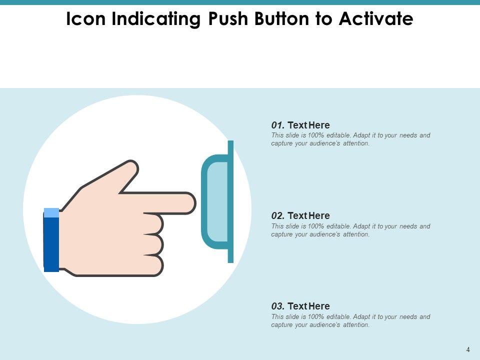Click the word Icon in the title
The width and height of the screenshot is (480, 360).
pos(85,18)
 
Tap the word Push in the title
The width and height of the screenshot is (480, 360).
pos(228,18)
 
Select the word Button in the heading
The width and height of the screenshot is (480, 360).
pos(281,18)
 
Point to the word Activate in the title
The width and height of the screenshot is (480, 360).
pos(376,18)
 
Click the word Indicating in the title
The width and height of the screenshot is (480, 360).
pos(156,19)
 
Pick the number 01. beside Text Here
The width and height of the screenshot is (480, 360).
pos(278,125)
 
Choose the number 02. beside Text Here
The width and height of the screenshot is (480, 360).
pos(278,216)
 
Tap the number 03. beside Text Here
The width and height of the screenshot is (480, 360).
pos(278,306)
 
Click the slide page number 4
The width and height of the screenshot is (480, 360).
pos(468,349)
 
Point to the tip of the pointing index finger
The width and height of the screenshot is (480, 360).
pos(195,203)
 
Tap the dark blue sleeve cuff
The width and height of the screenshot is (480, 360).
pos(51,244)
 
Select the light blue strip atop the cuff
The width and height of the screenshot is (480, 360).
pos(51,213)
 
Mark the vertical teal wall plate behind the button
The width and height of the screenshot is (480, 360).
pos(230,201)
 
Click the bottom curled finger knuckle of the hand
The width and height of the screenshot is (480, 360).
pos(154,265)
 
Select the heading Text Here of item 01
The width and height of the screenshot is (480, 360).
pos(308,125)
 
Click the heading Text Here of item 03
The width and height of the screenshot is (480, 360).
pos(308,306)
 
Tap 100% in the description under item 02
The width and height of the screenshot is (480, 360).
pos(316,226)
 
